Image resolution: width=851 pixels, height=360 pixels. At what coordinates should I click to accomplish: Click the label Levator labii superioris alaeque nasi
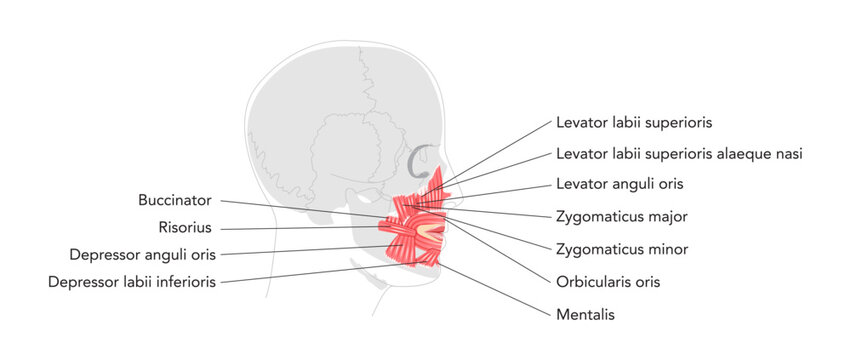coord(679,153)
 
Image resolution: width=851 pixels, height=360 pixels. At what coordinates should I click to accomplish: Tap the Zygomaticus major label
coord(620,215)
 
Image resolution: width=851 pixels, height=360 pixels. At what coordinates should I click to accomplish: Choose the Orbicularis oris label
coord(607,281)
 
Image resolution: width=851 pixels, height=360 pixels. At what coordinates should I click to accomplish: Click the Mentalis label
coord(584,314)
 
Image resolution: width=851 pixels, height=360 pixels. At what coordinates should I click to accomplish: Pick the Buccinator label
coord(175,199)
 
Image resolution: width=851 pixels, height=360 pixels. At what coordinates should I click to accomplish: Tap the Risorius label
coord(186,227)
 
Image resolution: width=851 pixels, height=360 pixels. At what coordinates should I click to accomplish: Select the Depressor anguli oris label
coord(142,254)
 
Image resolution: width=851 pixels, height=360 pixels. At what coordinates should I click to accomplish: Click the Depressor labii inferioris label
coord(131,281)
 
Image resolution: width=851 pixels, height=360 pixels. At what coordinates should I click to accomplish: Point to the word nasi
coord(788,153)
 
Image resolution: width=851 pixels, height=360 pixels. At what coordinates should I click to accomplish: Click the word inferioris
coord(182,281)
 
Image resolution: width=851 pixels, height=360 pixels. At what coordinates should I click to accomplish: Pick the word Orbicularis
coord(591,281)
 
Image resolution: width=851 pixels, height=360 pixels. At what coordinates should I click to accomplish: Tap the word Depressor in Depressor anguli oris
coord(103,254)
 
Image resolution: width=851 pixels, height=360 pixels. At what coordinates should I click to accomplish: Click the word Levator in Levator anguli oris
coord(580,184)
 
